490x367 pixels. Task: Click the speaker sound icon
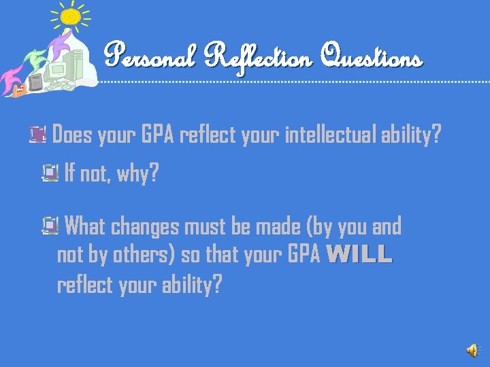[472, 349]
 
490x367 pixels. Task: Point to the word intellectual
[331, 136]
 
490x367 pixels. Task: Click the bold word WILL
[359, 255]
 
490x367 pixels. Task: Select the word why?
[137, 175]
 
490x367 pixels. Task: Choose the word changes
[143, 226]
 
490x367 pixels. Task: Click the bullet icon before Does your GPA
[38, 136]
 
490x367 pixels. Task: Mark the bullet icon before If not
[50, 175]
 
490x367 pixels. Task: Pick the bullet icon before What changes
[50, 225]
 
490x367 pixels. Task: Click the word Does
[71, 136]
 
